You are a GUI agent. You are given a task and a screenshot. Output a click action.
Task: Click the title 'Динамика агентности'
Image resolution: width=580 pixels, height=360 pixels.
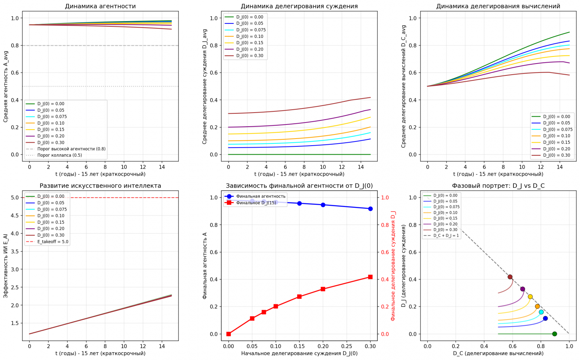click(100, 6)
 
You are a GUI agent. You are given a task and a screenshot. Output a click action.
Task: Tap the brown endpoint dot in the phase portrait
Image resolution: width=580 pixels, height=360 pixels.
click(510, 277)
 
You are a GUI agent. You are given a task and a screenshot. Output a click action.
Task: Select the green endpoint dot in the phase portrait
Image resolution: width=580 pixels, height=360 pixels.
click(554, 334)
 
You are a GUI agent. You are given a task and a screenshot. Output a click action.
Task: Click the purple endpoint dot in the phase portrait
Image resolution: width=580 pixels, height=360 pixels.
click(523, 289)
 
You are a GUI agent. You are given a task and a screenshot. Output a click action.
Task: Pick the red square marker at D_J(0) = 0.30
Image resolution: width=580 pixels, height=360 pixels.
click(370, 277)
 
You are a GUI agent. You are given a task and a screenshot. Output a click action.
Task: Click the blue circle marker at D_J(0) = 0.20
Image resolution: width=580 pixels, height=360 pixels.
click(323, 205)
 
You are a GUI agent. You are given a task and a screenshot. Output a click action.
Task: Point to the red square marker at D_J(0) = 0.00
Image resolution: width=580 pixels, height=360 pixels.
click(229, 334)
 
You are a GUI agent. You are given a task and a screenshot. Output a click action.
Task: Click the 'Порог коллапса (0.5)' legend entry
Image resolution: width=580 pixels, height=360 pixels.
click(59, 155)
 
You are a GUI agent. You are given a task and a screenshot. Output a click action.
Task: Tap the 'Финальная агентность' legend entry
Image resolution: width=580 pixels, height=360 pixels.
click(261, 196)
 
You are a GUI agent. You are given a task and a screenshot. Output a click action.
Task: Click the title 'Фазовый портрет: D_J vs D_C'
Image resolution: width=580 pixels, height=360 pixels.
click(498, 185)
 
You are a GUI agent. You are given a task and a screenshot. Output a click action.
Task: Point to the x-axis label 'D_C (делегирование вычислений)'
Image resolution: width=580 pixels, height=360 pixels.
click(498, 353)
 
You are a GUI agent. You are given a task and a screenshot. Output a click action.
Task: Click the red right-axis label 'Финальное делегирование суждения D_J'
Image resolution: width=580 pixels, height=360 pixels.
click(393, 266)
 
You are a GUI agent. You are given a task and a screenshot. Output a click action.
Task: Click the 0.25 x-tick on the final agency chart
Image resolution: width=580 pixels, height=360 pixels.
click(347, 346)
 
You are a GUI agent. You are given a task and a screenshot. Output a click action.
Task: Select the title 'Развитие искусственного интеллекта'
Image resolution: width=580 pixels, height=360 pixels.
click(100, 185)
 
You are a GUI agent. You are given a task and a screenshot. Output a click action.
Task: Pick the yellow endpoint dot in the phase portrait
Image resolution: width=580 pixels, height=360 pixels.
click(530, 297)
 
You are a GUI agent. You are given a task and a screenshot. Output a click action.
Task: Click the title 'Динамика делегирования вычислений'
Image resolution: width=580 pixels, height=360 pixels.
click(498, 6)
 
